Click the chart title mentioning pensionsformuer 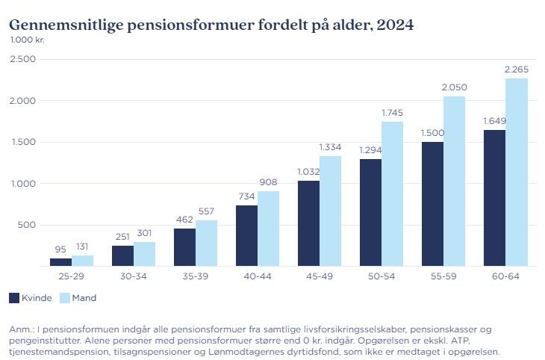(211, 24)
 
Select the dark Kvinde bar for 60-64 (494, 198)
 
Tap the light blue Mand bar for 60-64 (517, 172)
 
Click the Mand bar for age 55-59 (454, 181)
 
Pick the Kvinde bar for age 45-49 (308, 223)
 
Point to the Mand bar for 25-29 (83, 261)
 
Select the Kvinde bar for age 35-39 (184, 246)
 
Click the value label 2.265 (517, 69)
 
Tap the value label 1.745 (392, 113)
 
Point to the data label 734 (246, 196)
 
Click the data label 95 (60, 249)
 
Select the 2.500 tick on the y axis (23, 59)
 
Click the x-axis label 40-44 (258, 277)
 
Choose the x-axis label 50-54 (381, 277)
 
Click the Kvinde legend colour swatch (14, 298)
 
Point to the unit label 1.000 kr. (27, 40)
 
